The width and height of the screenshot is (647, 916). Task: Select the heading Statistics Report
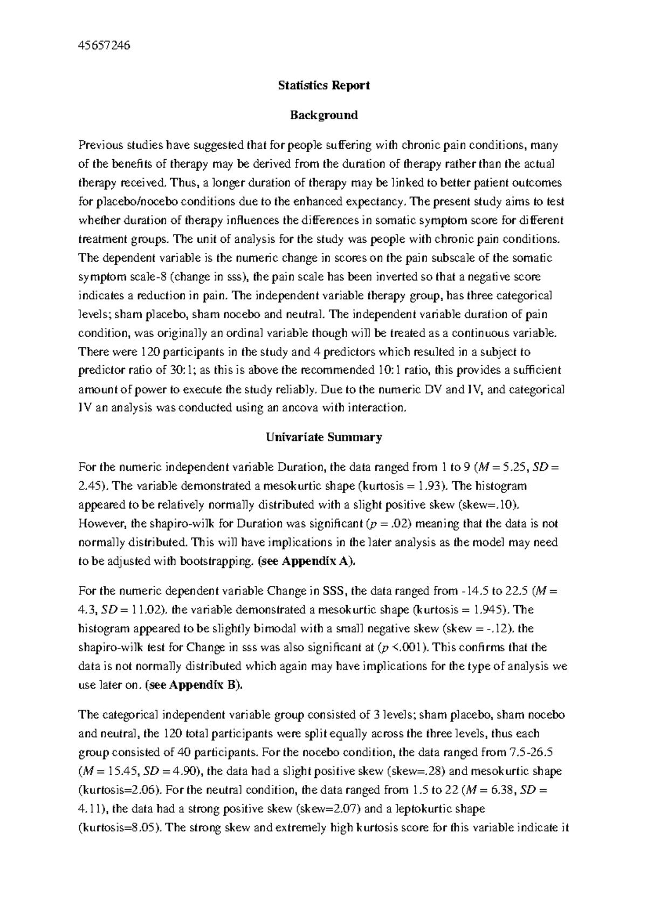point(323,85)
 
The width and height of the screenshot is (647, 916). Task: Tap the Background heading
point(323,115)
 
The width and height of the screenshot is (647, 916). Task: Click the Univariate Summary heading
point(323,437)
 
